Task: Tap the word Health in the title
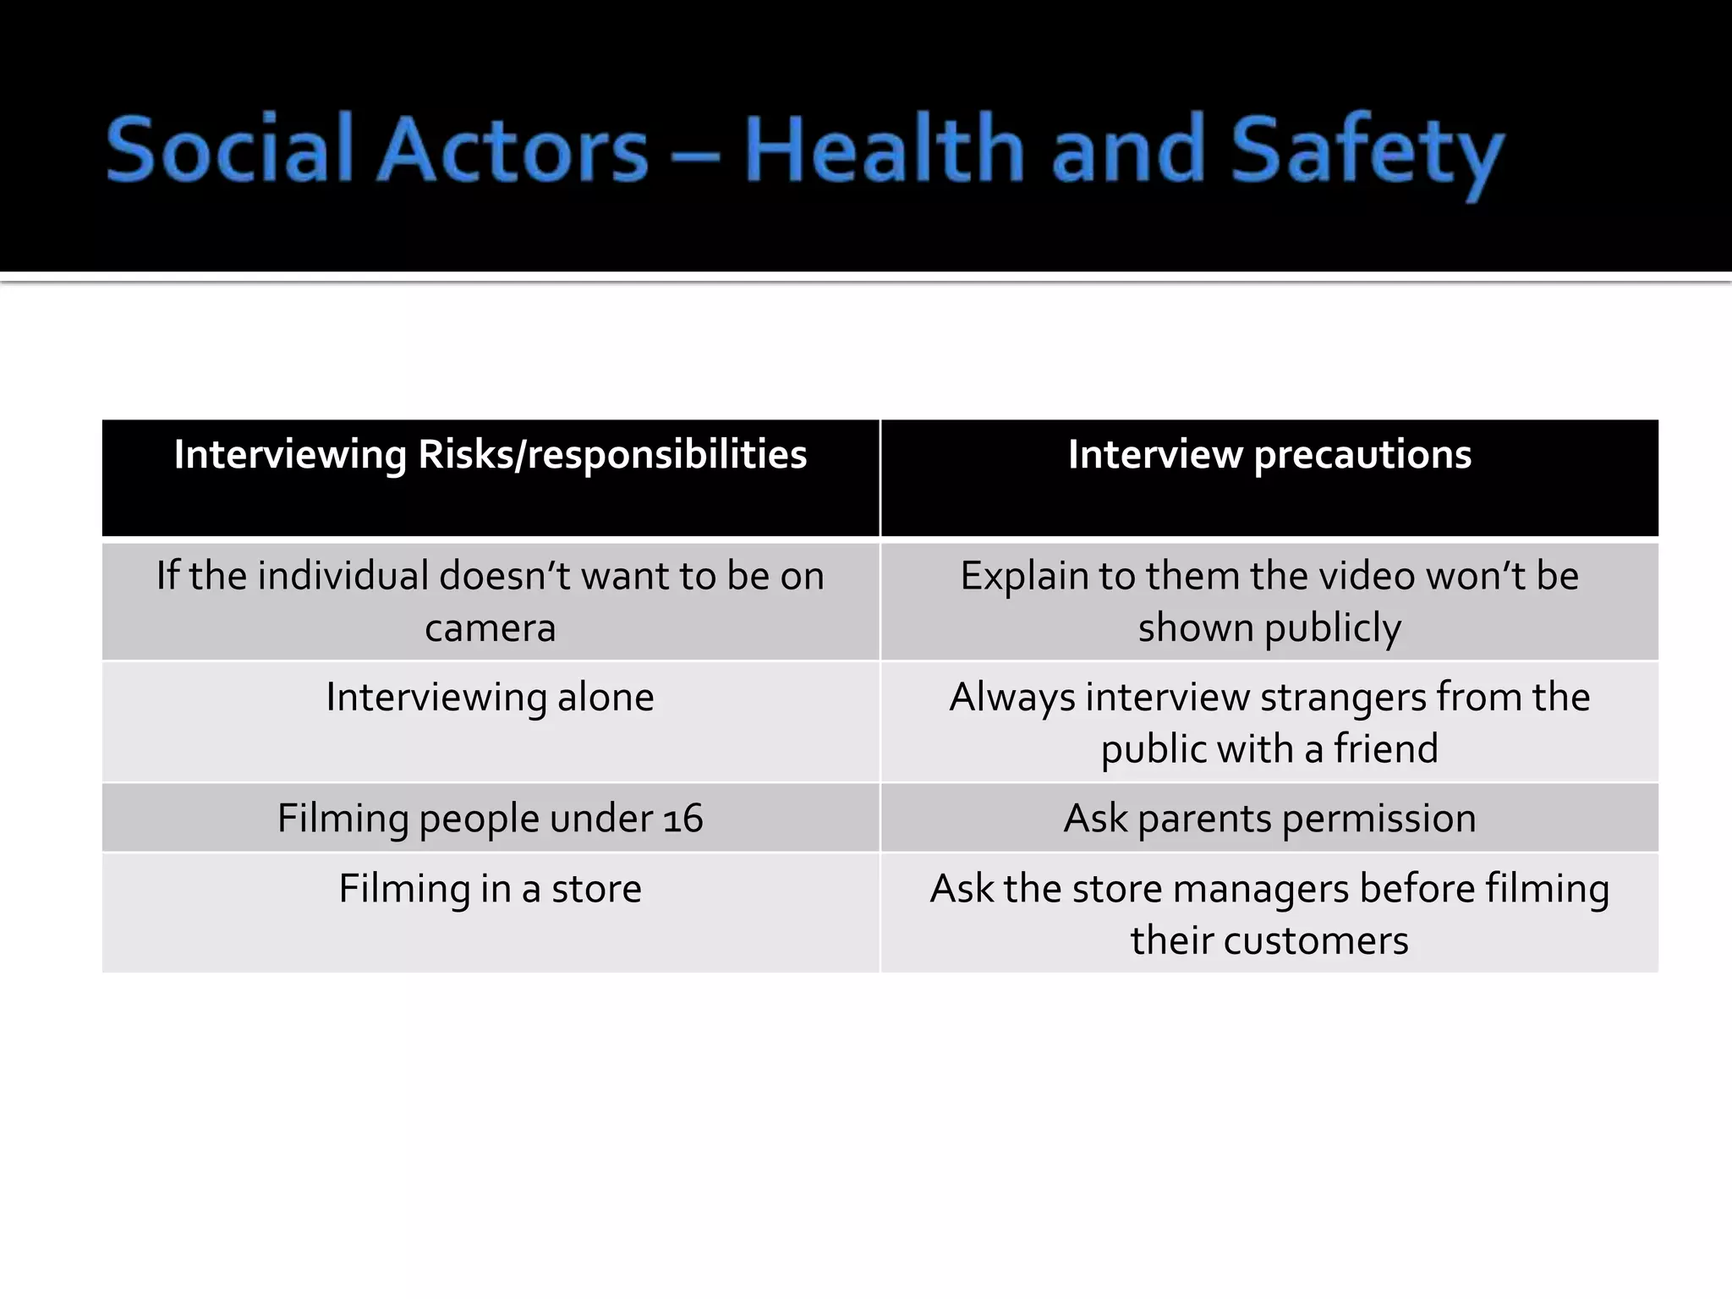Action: coord(885,151)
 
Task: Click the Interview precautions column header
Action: coord(1269,455)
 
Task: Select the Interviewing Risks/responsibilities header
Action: coord(491,455)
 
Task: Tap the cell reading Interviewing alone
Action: coord(491,698)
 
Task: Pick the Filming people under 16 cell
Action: coord(491,819)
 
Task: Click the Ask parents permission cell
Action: coord(1269,819)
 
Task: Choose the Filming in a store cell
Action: coord(491,889)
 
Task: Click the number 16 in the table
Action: coord(683,819)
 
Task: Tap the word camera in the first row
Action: coord(491,628)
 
